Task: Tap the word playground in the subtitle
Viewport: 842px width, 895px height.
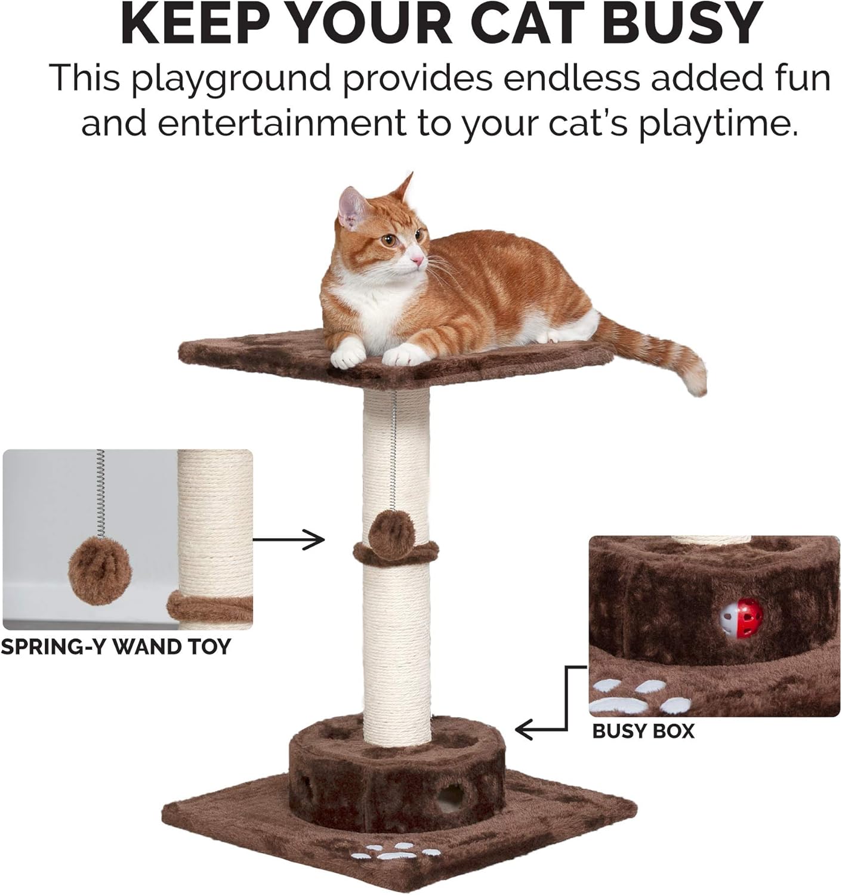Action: [230, 79]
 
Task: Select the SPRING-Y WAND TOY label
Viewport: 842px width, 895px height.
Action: [115, 647]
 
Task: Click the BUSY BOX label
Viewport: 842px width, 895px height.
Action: [643, 732]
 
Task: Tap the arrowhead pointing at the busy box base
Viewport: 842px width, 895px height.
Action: [522, 729]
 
